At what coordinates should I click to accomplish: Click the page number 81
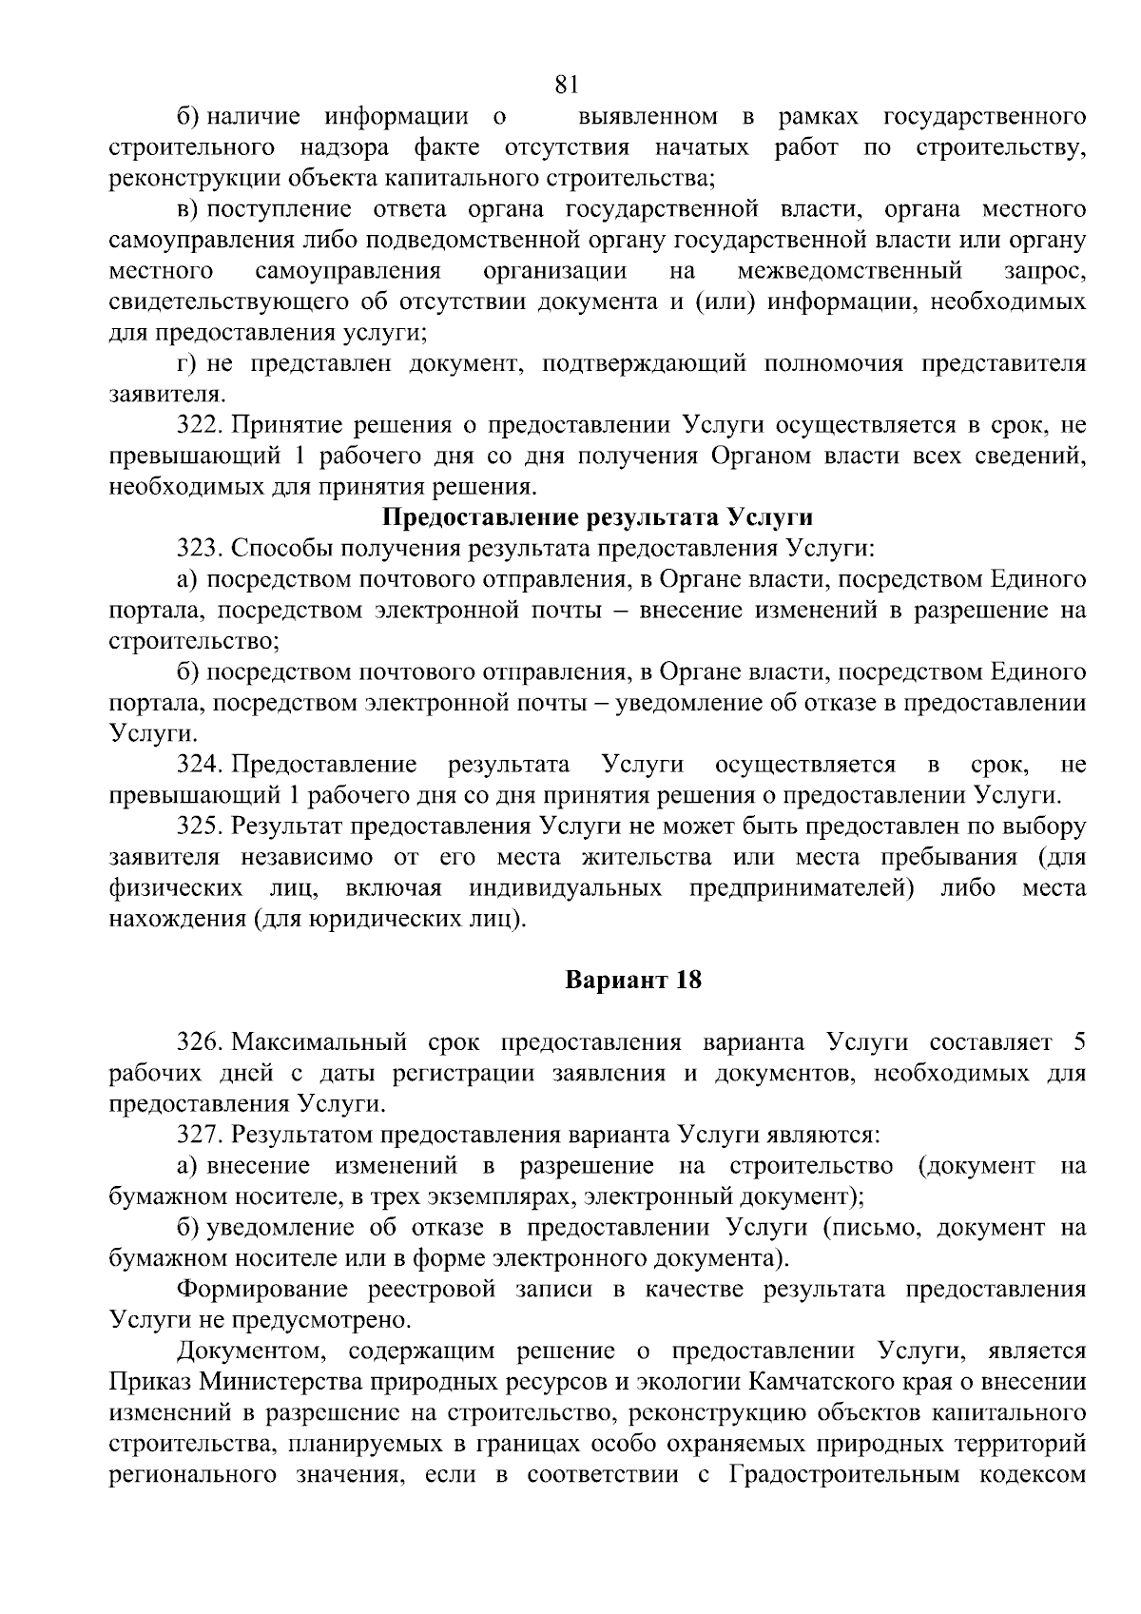(x=566, y=86)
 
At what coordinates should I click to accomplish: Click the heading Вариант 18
(x=633, y=980)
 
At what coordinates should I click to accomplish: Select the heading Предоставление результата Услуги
(x=597, y=518)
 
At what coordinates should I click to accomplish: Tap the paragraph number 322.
(x=198, y=425)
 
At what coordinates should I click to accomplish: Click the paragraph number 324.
(x=198, y=765)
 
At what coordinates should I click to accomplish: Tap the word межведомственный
(x=849, y=271)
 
